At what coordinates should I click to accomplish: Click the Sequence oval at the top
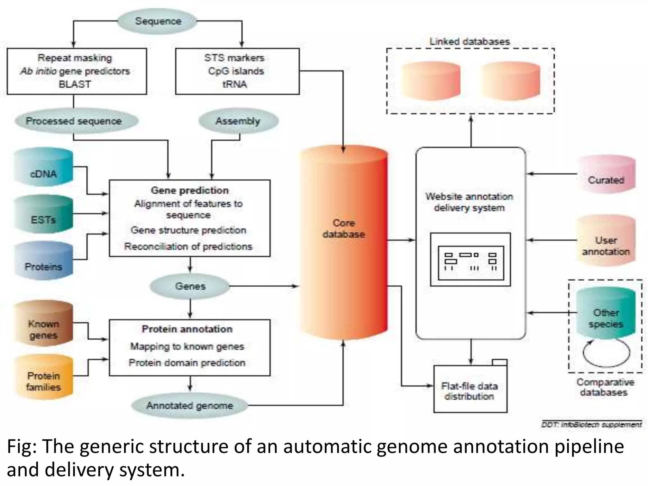(x=158, y=21)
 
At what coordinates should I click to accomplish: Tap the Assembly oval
(x=238, y=121)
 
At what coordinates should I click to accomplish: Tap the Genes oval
(x=190, y=286)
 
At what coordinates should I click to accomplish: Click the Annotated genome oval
(x=189, y=405)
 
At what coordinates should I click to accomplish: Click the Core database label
(x=344, y=228)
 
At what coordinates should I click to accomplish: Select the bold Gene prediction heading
(x=190, y=190)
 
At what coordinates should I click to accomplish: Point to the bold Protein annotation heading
(x=187, y=329)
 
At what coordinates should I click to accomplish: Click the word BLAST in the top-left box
(x=75, y=84)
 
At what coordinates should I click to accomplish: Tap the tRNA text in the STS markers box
(x=234, y=84)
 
